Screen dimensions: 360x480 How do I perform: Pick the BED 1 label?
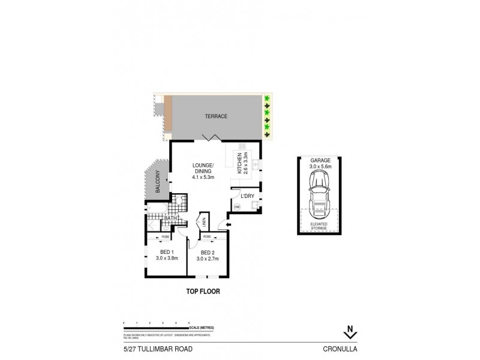pyautogui.click(x=163, y=255)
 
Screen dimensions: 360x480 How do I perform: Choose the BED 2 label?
pyautogui.click(x=208, y=255)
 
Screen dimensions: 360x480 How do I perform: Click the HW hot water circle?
pyautogui.click(x=237, y=208)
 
